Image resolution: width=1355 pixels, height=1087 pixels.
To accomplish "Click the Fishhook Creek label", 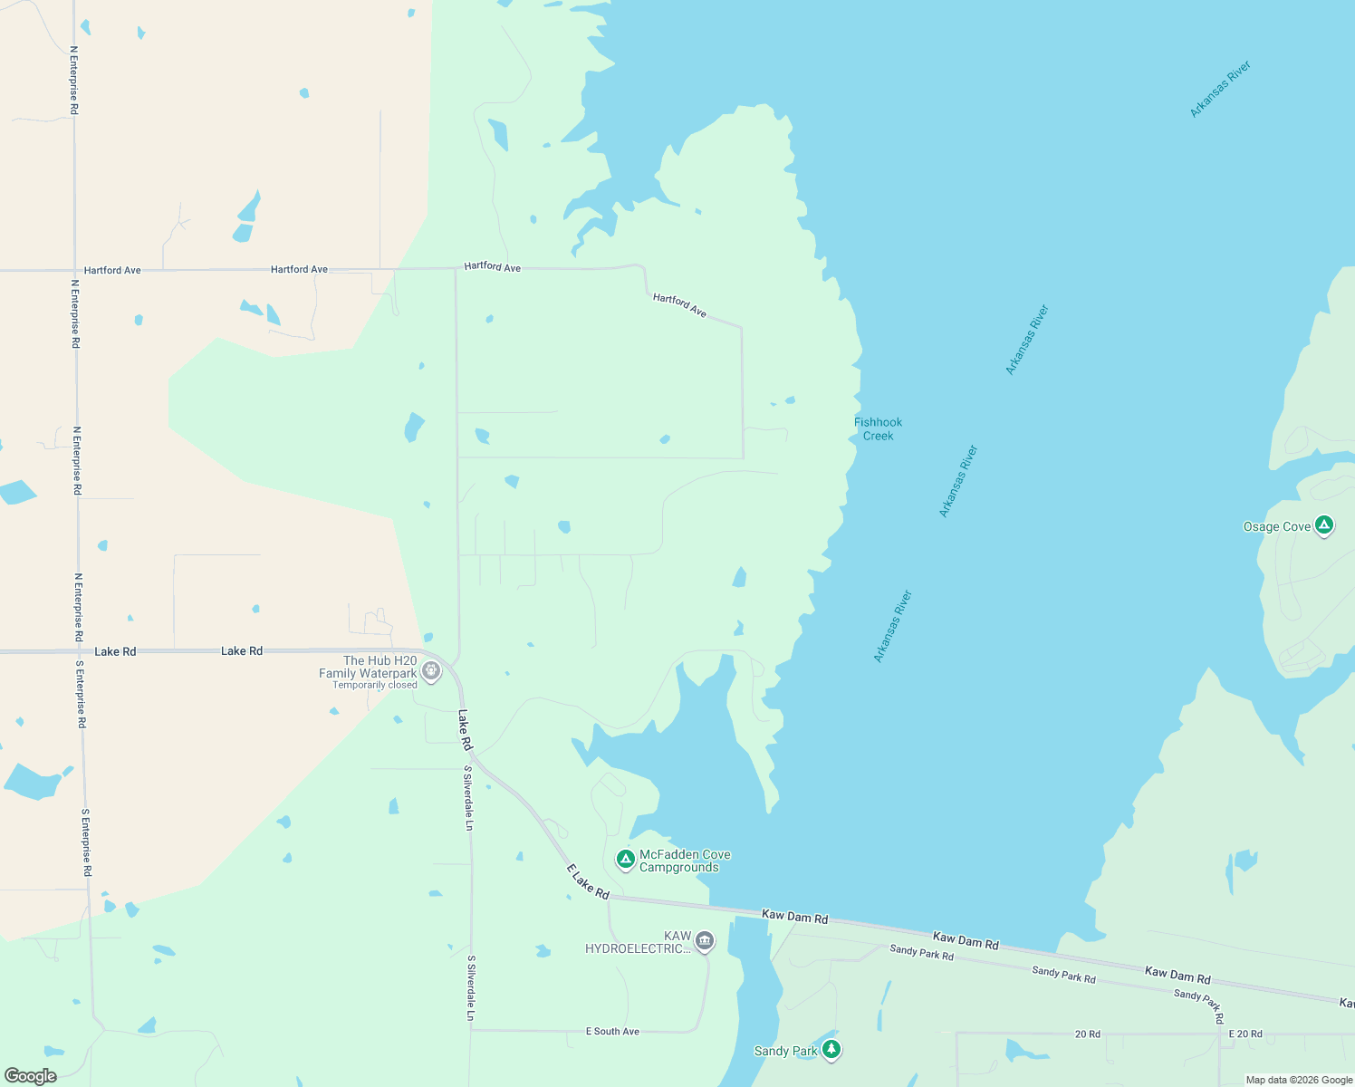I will pyautogui.click(x=878, y=428).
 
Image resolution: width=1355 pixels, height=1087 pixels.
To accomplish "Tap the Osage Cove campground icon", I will pyautogui.click(x=1324, y=525).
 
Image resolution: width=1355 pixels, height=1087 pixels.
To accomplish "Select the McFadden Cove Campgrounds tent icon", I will pyautogui.click(x=625, y=859).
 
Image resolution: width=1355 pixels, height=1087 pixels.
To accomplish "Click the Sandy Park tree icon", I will pyautogui.click(x=831, y=1050).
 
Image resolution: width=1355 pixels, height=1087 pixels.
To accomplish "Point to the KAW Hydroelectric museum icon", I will pyautogui.click(x=705, y=942).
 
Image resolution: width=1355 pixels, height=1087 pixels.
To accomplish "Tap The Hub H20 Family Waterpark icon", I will pyautogui.click(x=431, y=671).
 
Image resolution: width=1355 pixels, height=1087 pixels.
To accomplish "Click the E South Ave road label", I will pyautogui.click(x=612, y=1032).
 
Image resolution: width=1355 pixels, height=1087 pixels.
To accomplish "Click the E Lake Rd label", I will pyautogui.click(x=588, y=881).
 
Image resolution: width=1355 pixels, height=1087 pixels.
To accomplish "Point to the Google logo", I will pyautogui.click(x=31, y=1076).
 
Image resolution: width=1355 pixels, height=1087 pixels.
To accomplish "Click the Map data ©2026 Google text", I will pyautogui.click(x=1299, y=1080).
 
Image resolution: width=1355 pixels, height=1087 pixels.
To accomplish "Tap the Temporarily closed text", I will pyautogui.click(x=374, y=685).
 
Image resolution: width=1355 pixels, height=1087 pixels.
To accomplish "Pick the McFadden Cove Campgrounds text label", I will pyautogui.click(x=685, y=861).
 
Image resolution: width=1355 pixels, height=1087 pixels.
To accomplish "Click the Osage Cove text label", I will pyautogui.click(x=1277, y=526).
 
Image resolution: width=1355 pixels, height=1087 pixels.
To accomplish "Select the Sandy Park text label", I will pyautogui.click(x=785, y=1051).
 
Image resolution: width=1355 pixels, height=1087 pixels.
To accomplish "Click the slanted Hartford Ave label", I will pyautogui.click(x=679, y=304).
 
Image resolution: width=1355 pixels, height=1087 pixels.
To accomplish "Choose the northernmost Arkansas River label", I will pyautogui.click(x=1220, y=89).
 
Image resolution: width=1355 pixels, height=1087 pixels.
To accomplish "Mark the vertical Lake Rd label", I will pyautogui.click(x=465, y=730).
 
